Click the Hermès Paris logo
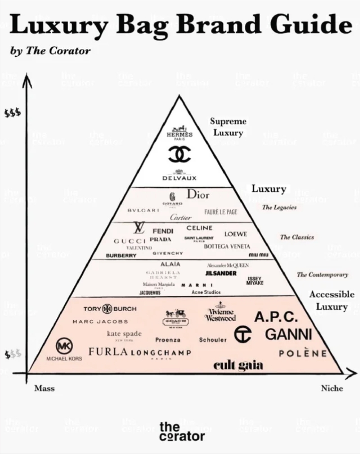click(180, 133)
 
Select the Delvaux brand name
click(180, 177)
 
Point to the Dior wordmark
click(198, 195)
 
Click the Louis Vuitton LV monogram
click(138, 228)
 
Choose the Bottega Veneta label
click(227, 247)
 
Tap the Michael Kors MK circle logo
click(64, 345)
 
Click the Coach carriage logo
click(176, 313)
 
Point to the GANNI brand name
click(288, 334)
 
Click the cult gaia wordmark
click(238, 365)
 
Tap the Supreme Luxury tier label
click(228, 127)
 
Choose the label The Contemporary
click(322, 275)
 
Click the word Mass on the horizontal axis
click(45, 388)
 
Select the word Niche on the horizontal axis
click(332, 388)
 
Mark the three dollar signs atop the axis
click(13, 113)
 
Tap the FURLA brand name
click(108, 352)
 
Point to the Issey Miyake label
click(255, 281)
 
